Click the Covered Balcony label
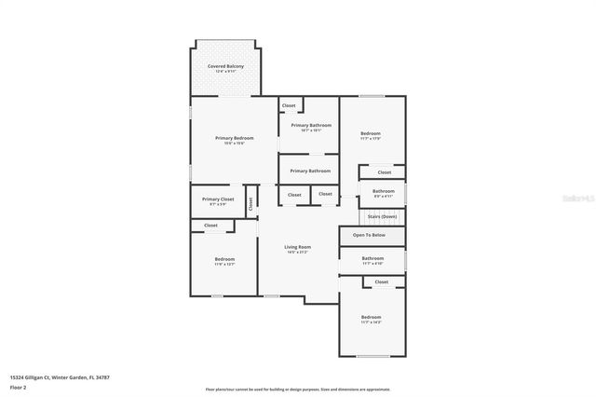[224, 67]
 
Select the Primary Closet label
[218, 198]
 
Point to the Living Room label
[296, 247]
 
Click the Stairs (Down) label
[382, 216]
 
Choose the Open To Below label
[369, 235]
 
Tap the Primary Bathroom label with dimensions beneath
[310, 125]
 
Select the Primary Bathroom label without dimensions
[310, 171]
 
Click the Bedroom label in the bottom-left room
[224, 259]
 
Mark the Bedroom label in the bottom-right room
[371, 317]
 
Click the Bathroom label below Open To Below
[372, 258]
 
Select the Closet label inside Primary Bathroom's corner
[289, 105]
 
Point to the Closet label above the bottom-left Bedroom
[210, 225]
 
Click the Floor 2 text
[18, 386]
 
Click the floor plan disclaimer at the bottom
[297, 389]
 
